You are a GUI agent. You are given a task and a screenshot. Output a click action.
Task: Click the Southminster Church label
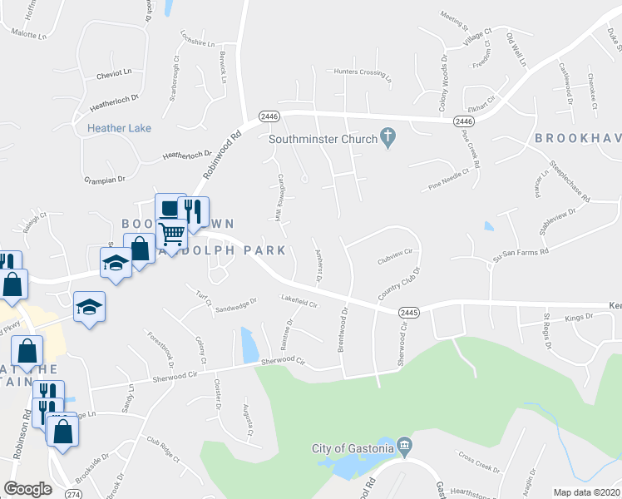323,139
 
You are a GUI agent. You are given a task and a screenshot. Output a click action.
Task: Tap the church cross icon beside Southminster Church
387,137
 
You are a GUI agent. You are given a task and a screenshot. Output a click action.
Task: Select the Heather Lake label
119,128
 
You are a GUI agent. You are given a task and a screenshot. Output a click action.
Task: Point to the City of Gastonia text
353,448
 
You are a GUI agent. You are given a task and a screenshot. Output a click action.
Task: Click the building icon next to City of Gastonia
405,447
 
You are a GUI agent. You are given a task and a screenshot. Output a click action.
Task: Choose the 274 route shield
73,493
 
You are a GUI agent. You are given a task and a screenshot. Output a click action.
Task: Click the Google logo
27,489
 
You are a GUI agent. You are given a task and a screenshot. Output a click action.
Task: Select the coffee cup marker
169,208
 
